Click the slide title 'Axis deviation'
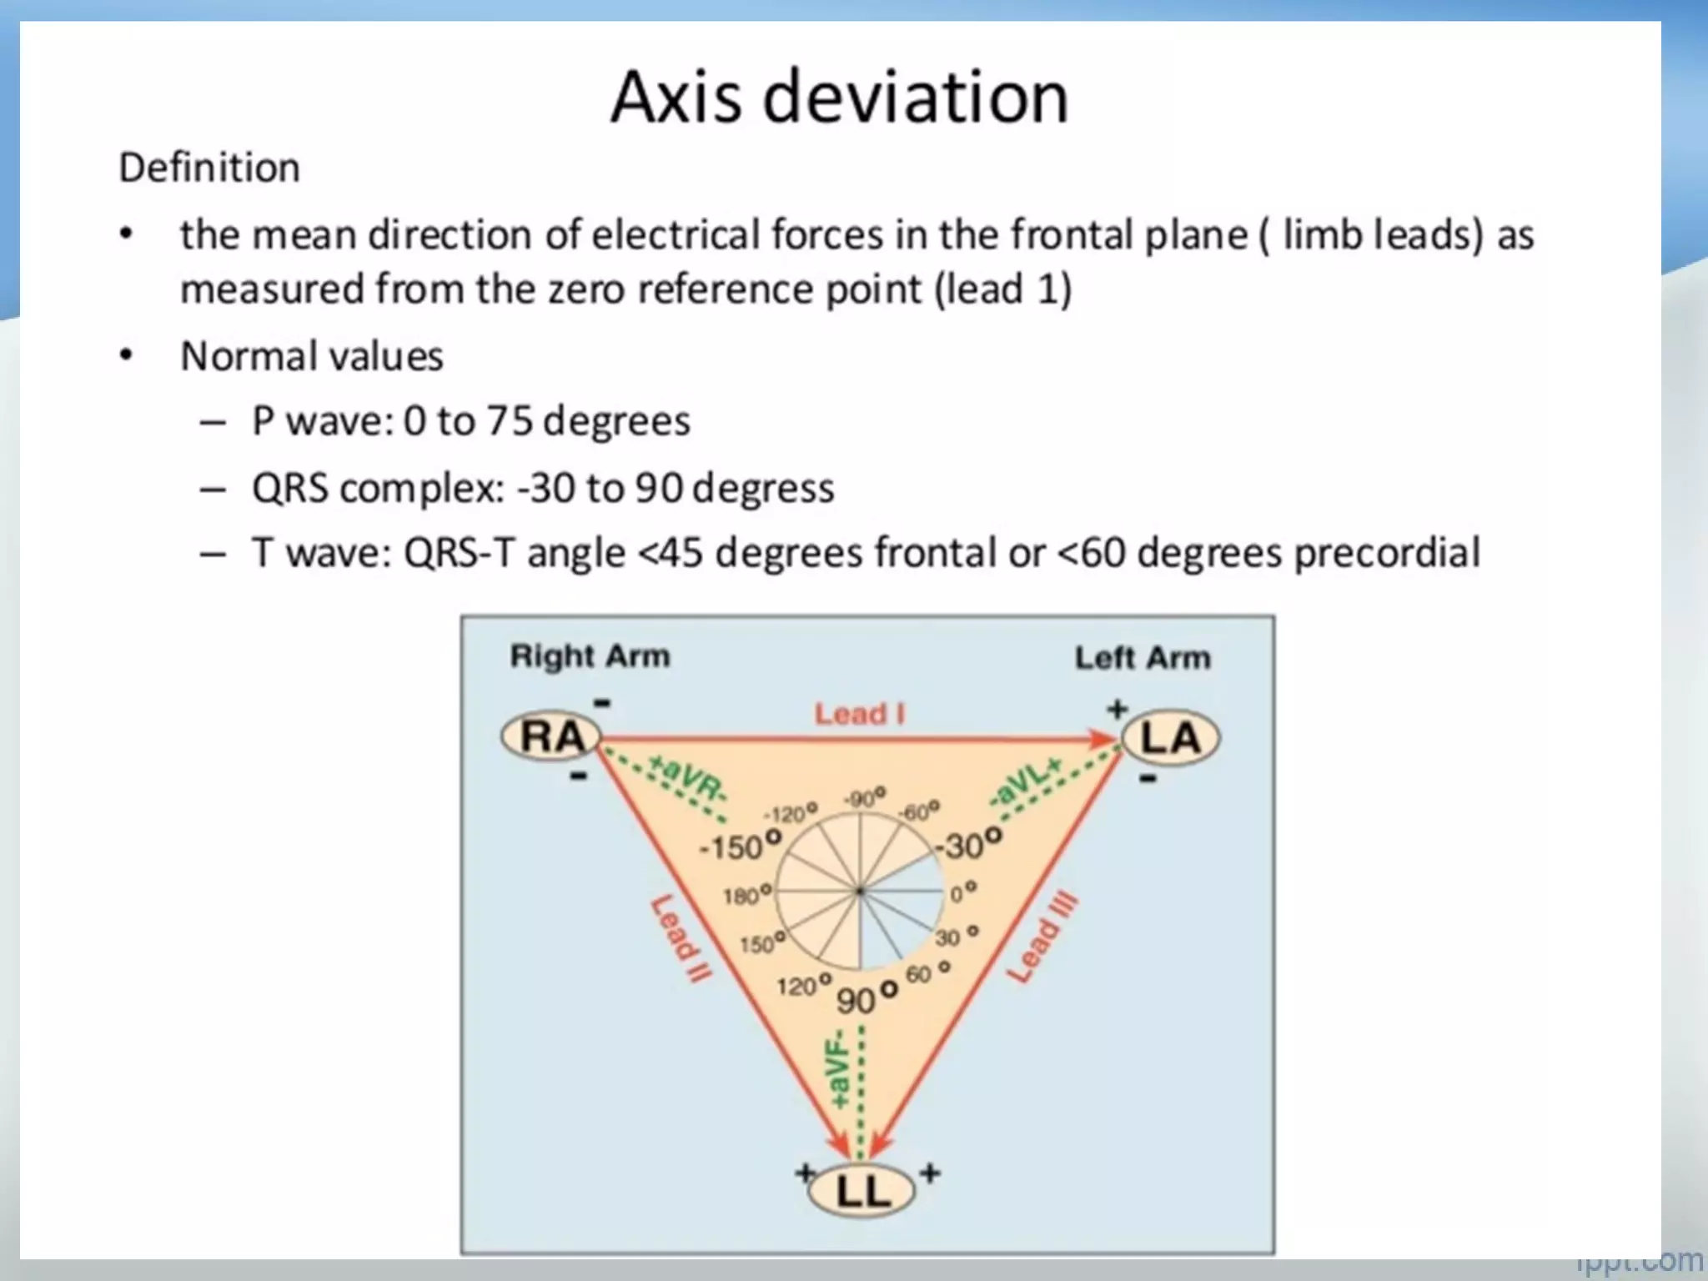pyautogui.click(x=839, y=98)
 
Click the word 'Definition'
pyautogui.click(x=209, y=168)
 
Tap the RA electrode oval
pyautogui.click(x=551, y=737)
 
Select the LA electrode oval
pyautogui.click(x=1170, y=739)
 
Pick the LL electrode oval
pyautogui.click(x=862, y=1191)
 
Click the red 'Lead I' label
pyautogui.click(x=859, y=714)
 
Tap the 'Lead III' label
pyautogui.click(x=1042, y=937)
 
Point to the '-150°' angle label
pyautogui.click(x=739, y=846)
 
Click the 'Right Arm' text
pyautogui.click(x=590, y=656)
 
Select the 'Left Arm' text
pyautogui.click(x=1142, y=658)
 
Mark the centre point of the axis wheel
pyautogui.click(x=860, y=892)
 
